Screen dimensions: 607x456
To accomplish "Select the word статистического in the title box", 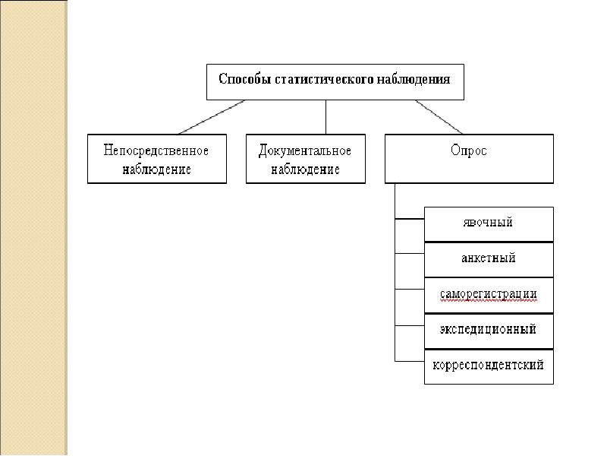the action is click(x=325, y=79).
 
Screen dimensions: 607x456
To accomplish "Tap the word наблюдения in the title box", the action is click(x=414, y=79).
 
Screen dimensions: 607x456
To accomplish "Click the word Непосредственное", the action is click(x=156, y=150).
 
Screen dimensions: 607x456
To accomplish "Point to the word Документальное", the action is click(x=305, y=150).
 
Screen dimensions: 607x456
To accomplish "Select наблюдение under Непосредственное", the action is click(x=156, y=169).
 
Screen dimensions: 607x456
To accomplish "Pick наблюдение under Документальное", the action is click(x=305, y=169).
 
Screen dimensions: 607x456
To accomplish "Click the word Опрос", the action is click(x=468, y=150).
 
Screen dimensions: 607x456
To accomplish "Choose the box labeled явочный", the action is click(x=489, y=224).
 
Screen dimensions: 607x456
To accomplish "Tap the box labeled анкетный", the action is click(x=489, y=260).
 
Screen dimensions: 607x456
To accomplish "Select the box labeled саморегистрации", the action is click(x=489, y=296).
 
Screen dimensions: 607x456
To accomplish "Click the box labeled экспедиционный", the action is click(x=489, y=331).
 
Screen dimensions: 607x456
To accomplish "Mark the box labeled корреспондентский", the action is click(x=489, y=367).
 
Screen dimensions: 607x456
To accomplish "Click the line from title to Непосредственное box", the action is click(x=212, y=117).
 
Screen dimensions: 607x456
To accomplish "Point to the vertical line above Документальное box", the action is click(x=326, y=117).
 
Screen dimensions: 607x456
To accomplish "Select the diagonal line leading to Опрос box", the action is click(x=439, y=117).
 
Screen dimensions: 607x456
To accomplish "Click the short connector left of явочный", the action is click(x=410, y=219).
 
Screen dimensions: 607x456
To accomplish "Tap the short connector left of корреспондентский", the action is click(x=410, y=362).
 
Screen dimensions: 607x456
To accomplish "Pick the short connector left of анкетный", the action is click(x=410, y=254).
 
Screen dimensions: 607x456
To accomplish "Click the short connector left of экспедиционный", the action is click(x=410, y=326).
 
